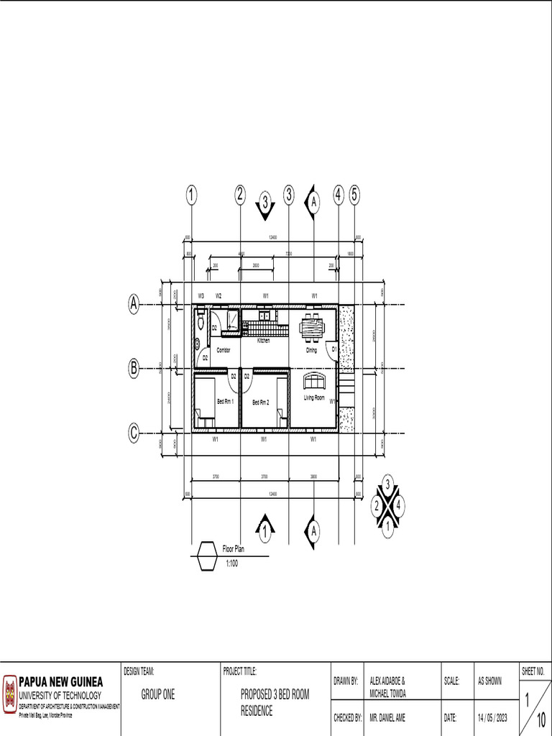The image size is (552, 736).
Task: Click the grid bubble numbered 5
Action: [355, 195]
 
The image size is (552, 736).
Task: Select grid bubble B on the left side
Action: [134, 369]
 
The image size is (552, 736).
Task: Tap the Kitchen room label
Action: [264, 341]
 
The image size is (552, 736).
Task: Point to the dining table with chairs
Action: [312, 326]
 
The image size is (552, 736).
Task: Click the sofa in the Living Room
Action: [314, 381]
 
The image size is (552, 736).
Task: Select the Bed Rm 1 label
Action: [226, 402]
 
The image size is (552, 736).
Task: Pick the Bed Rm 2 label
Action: [260, 403]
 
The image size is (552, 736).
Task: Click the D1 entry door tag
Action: [334, 349]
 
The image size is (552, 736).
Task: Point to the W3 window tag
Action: [201, 295]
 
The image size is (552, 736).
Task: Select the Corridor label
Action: [224, 350]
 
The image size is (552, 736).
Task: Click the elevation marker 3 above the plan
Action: [265, 204]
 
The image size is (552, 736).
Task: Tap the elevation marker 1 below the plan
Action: [265, 530]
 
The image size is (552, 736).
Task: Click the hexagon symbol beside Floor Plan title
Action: [207, 556]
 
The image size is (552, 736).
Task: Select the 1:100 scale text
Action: [231, 563]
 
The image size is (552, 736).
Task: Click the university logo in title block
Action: [10, 694]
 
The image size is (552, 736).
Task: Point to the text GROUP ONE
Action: [158, 695]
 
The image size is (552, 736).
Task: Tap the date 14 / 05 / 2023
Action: [492, 717]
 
